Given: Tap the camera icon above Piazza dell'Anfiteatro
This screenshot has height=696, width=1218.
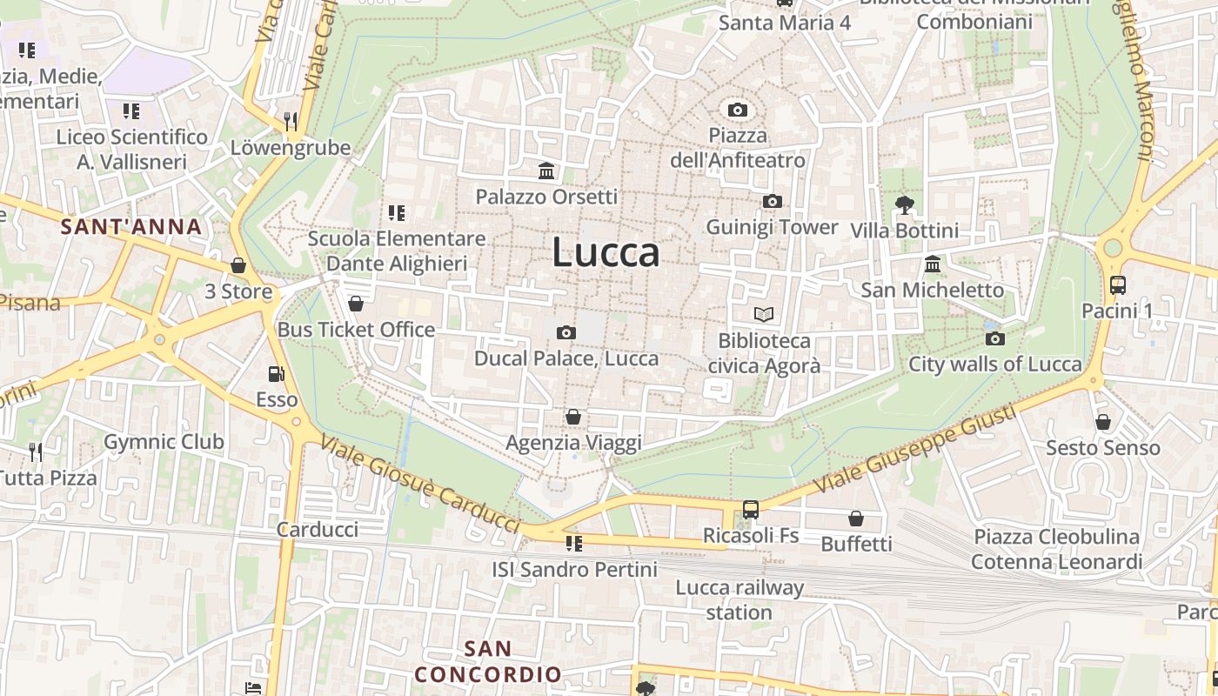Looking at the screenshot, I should (x=737, y=110).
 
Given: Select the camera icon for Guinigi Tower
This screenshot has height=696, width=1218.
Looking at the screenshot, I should (x=772, y=202).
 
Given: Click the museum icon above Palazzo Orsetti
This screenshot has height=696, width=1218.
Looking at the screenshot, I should (x=546, y=171).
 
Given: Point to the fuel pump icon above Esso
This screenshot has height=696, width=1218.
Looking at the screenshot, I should (x=276, y=374).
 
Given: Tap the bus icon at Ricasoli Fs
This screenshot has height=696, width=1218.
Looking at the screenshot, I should (x=750, y=510).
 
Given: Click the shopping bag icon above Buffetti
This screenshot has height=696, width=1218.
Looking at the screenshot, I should (x=856, y=519).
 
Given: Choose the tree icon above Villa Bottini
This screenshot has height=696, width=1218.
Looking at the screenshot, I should (x=904, y=205).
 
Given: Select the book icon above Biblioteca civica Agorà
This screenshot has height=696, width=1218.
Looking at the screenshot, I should (x=764, y=314).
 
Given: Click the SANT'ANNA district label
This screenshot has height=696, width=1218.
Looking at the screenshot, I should (x=130, y=228).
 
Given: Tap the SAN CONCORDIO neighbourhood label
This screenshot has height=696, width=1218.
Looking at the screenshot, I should (x=488, y=661).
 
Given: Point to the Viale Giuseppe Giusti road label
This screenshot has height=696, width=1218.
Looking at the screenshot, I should (x=916, y=450).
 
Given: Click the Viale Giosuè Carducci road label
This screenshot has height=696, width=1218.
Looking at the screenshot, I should (x=420, y=484).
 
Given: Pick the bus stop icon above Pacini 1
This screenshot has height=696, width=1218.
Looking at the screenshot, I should (x=1117, y=284).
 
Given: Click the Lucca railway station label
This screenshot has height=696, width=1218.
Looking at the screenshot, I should (x=739, y=599).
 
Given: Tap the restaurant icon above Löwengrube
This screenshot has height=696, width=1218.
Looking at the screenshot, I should (x=291, y=121).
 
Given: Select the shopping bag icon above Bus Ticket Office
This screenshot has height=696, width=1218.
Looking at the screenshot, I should (x=356, y=304).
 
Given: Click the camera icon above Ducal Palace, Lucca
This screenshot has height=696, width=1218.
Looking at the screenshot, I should (x=565, y=332).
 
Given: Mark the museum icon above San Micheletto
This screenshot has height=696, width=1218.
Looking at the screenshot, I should (x=933, y=264).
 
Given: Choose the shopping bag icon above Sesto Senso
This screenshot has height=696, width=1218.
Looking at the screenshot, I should (x=1102, y=422).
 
